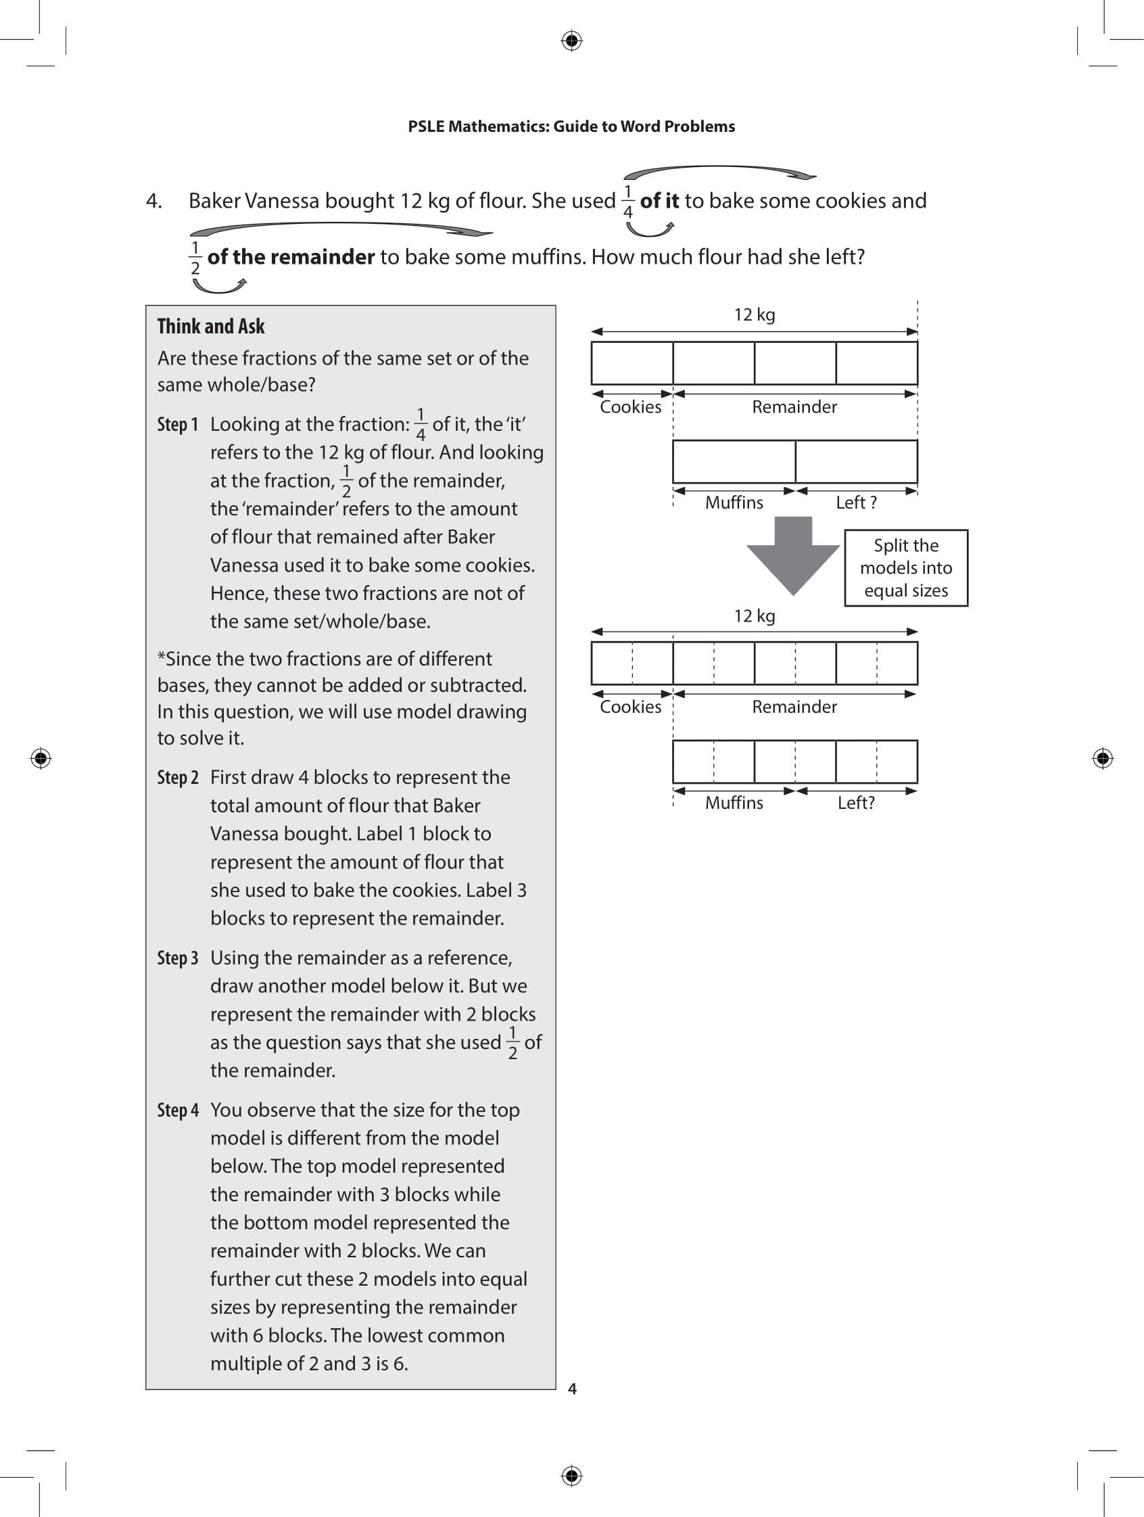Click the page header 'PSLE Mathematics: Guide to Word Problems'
[571, 126]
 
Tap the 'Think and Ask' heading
[210, 327]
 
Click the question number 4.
[153, 201]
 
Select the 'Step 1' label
[178, 425]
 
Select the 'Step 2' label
[178, 778]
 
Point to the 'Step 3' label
[178, 958]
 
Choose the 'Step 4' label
[178, 1111]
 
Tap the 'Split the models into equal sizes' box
[905, 568]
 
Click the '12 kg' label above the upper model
[754, 314]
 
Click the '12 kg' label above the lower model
[754, 616]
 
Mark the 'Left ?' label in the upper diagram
[855, 503]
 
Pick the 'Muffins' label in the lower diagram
[734, 803]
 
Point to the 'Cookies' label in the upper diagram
[630, 407]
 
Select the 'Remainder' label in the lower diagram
[794, 707]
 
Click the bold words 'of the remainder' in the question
[291, 257]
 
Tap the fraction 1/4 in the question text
[628, 202]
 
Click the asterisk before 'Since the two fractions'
[162, 657]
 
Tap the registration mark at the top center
[571, 41]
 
